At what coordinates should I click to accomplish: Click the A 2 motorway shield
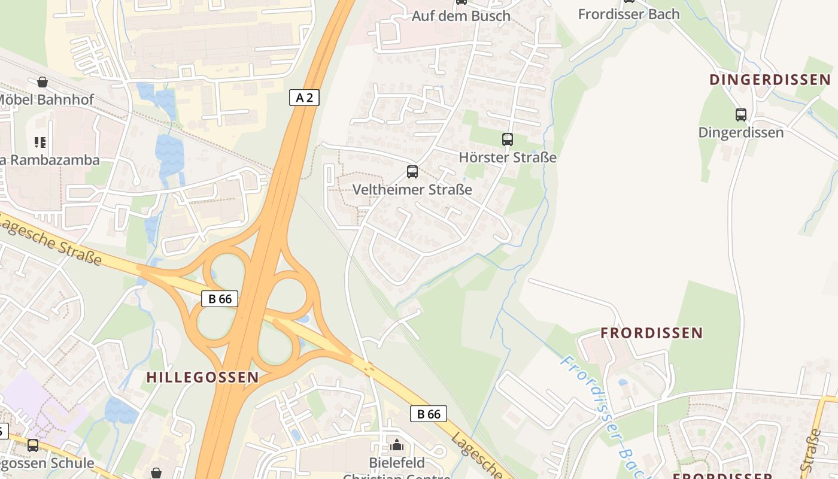click(304, 98)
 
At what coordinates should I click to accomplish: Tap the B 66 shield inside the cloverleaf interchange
click(220, 299)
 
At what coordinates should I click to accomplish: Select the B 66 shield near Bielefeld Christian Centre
click(429, 414)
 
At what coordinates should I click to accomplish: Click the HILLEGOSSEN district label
click(203, 377)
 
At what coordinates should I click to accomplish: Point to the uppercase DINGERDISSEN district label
click(770, 80)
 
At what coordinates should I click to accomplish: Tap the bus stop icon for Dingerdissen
click(740, 115)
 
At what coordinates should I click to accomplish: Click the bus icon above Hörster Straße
click(508, 140)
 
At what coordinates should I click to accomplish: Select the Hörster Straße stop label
click(508, 157)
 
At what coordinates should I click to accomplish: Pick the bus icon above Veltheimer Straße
click(412, 172)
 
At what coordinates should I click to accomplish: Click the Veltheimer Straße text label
click(412, 190)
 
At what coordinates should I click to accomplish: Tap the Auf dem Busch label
click(461, 16)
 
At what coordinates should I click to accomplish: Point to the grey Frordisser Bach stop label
click(628, 14)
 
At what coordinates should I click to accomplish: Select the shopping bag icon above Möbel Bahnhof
click(42, 82)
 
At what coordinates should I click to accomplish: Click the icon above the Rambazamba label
click(40, 143)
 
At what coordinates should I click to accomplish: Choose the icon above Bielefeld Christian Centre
click(396, 445)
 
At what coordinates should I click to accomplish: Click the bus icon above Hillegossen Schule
click(33, 445)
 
